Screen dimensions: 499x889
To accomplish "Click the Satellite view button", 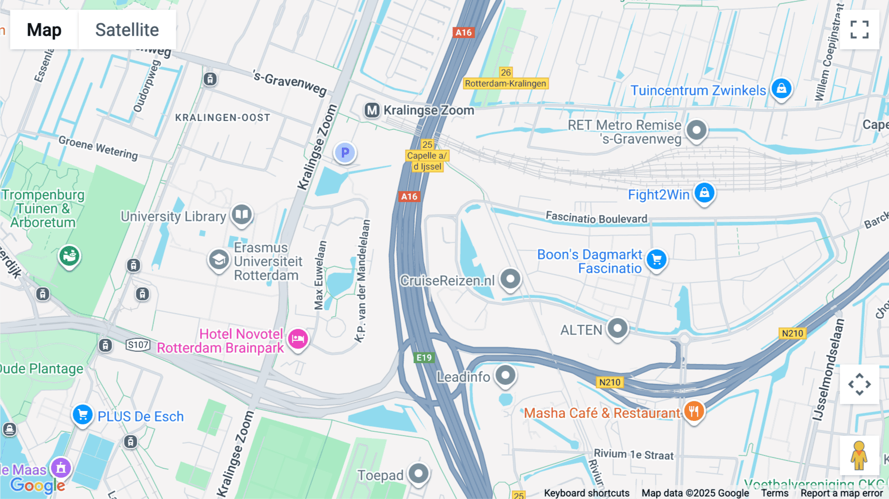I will (127, 30).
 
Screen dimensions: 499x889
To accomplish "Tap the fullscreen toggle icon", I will (859, 30).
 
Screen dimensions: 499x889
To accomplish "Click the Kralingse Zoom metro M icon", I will (372, 110).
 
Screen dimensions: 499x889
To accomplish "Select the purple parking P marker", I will (345, 153).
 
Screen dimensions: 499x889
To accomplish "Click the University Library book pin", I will (242, 215).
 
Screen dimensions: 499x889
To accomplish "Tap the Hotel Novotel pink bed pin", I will (298, 339).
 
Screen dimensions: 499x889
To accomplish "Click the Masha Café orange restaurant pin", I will (694, 411).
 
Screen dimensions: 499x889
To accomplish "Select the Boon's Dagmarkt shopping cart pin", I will (656, 259).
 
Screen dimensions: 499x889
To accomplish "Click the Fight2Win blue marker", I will (704, 193).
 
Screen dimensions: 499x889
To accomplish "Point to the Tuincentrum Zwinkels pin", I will (781, 89).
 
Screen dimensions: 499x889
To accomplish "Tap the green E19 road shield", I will (424, 358).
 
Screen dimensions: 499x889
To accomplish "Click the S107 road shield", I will (138, 345).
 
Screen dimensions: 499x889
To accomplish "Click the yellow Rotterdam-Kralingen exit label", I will (505, 83).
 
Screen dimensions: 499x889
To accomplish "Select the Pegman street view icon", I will (859, 455).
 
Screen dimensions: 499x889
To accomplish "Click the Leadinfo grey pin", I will (505, 375).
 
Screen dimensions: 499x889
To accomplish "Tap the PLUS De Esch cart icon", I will (82, 415).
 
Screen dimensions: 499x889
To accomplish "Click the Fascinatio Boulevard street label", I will (596, 218).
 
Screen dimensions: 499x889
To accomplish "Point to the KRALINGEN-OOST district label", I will (223, 118).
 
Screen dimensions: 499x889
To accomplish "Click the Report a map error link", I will (842, 493).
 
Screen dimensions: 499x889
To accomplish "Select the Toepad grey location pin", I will (419, 474).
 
